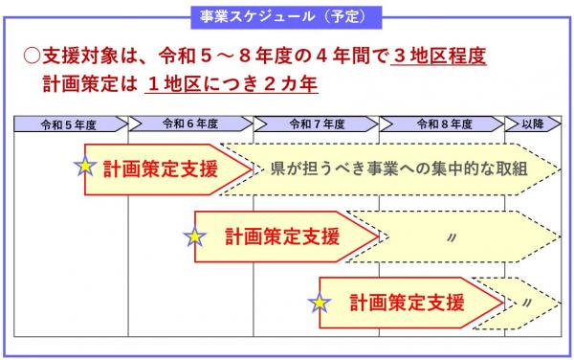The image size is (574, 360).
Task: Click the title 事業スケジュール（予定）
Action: tap(286, 16)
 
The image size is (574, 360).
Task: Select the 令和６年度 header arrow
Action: tap(190, 124)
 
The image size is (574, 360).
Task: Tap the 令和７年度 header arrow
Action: tap(317, 124)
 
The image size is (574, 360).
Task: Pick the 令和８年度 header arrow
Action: tap(442, 124)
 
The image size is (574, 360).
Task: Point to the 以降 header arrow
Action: tap(533, 124)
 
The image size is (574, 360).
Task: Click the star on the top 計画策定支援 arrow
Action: tap(85, 166)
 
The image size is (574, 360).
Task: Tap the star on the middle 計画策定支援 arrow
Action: tap(195, 236)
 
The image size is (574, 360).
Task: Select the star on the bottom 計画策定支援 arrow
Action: tap(320, 304)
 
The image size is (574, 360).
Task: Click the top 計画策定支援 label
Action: tap(161, 169)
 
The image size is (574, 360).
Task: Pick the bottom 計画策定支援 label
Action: tap(406, 304)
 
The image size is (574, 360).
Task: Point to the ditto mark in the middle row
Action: tap(450, 236)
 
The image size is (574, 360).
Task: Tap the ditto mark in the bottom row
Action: tap(527, 304)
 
